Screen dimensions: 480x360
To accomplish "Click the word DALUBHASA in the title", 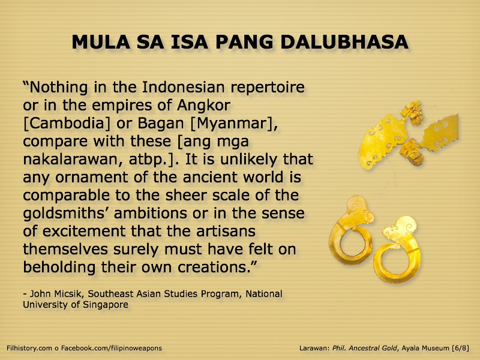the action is coord(344,42).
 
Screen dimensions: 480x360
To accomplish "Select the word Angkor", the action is coord(203,106).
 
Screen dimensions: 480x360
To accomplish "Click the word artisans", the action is coord(226,232).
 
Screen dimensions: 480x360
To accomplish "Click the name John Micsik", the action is coord(56,294).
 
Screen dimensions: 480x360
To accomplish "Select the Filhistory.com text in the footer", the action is coord(29,348).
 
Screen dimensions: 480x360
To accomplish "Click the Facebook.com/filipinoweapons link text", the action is coord(112,348).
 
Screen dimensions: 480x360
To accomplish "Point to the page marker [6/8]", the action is coord(461,348).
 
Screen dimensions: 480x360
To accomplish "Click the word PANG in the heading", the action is coord(244,42).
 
